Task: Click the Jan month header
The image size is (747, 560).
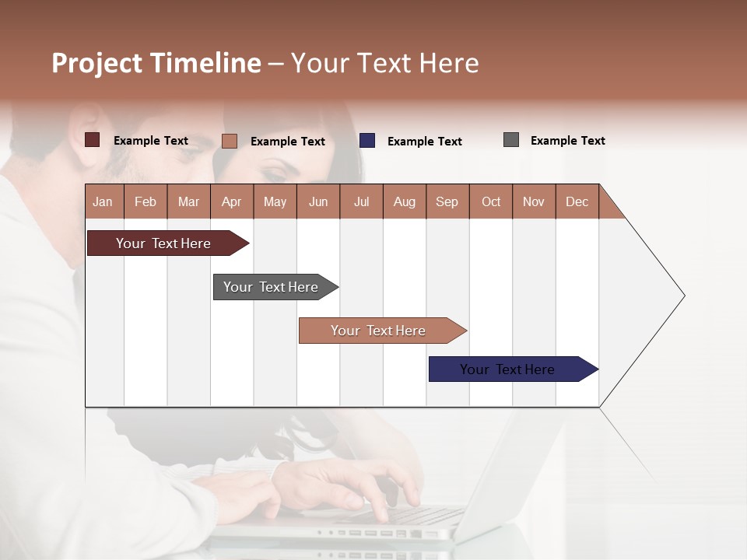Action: click(x=103, y=201)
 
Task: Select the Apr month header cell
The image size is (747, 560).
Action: click(x=232, y=201)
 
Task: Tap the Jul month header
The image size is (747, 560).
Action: click(x=361, y=201)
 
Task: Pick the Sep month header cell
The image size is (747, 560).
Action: click(x=447, y=201)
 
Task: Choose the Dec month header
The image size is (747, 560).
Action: click(x=577, y=201)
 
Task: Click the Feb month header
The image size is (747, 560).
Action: click(x=146, y=201)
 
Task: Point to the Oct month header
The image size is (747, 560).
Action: click(x=491, y=201)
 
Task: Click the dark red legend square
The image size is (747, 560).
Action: click(x=93, y=140)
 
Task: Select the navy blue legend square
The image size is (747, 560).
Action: click(x=367, y=141)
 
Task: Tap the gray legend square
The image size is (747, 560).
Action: click(x=511, y=140)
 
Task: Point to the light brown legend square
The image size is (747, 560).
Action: click(x=230, y=141)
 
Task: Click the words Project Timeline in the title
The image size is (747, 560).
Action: click(x=156, y=63)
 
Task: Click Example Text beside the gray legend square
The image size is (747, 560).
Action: click(x=567, y=141)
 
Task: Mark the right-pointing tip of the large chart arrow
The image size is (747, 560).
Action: click(x=683, y=296)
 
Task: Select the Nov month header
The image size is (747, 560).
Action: click(x=534, y=201)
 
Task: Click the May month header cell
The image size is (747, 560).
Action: click(x=275, y=201)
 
